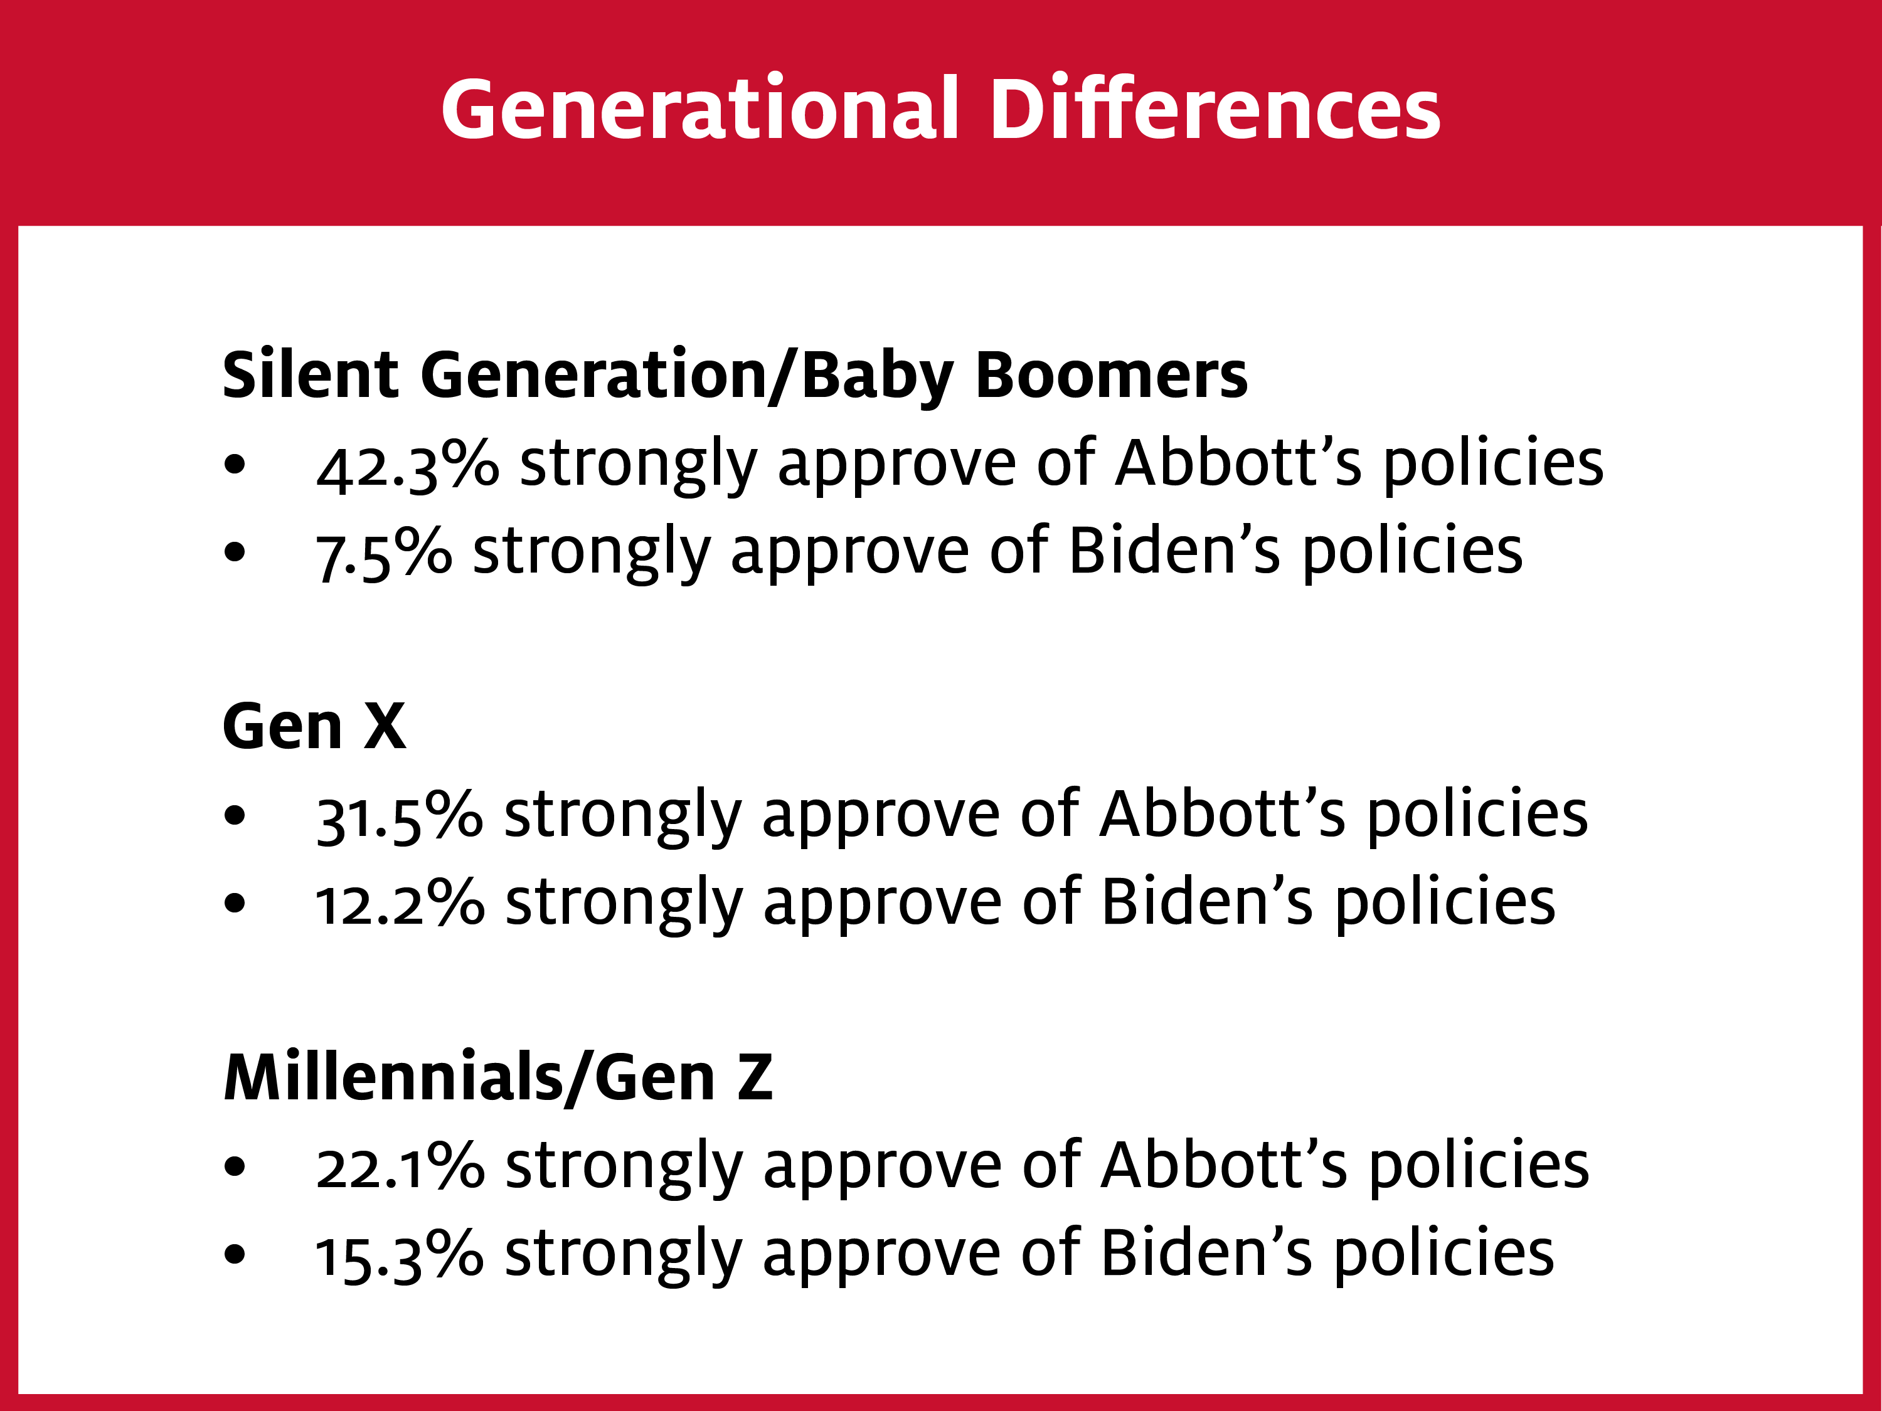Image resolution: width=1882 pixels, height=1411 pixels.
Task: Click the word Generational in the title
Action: coord(700,109)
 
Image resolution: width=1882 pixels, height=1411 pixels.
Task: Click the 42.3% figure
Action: coord(408,465)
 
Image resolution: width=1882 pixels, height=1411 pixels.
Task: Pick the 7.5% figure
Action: coord(384,554)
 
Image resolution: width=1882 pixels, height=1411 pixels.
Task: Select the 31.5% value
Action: coord(399,817)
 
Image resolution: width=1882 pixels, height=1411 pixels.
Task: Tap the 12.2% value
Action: coord(400,903)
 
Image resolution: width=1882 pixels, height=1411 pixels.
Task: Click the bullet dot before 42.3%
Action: coord(235,465)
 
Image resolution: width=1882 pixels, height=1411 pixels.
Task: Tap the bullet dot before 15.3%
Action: coord(235,1254)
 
